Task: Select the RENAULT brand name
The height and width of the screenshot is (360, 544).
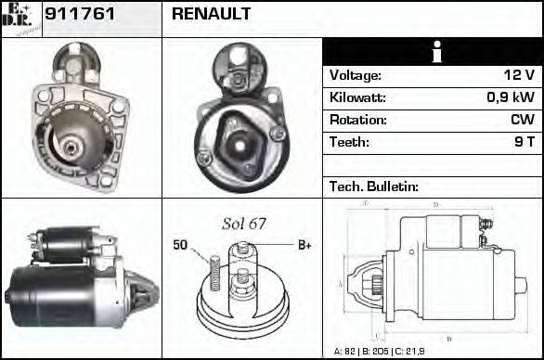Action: pos(212,15)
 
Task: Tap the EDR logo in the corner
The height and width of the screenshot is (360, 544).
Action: pos(19,18)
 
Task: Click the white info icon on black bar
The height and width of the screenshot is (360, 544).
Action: pos(432,52)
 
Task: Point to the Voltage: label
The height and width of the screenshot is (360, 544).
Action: pos(355,76)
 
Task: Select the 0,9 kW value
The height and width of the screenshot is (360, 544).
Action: pos(512,97)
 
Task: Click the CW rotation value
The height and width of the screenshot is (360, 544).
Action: pos(522,120)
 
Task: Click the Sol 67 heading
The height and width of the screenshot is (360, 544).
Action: pos(244,225)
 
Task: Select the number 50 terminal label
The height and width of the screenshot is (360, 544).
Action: pos(180,246)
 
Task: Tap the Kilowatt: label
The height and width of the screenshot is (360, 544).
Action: pos(357,97)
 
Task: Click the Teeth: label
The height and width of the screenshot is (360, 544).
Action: pos(349,142)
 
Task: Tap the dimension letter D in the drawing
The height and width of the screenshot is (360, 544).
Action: pos(435,205)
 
